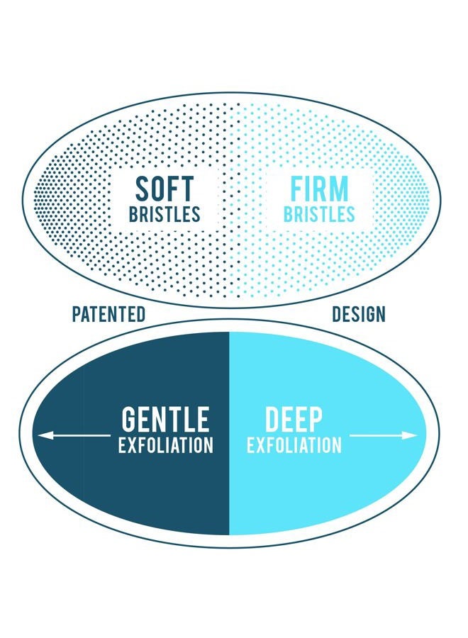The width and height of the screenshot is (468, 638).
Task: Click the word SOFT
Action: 165,189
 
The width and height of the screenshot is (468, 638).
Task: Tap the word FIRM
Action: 320,189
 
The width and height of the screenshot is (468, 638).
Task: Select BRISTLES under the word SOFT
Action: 165,214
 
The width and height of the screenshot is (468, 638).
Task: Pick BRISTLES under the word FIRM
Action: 320,214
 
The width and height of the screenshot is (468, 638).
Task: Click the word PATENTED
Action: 108,315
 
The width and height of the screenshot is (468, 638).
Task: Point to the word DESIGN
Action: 359,315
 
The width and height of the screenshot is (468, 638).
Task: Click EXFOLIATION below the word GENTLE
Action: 166,445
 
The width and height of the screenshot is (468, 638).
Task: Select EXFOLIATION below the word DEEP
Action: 294,445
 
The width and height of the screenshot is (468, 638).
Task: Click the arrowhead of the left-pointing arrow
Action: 45,435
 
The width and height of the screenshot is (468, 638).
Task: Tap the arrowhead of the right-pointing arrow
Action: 410,435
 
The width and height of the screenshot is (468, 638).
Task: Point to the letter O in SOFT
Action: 159,189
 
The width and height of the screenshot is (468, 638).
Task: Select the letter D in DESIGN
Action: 337,315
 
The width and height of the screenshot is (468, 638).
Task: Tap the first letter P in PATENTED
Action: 76,315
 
